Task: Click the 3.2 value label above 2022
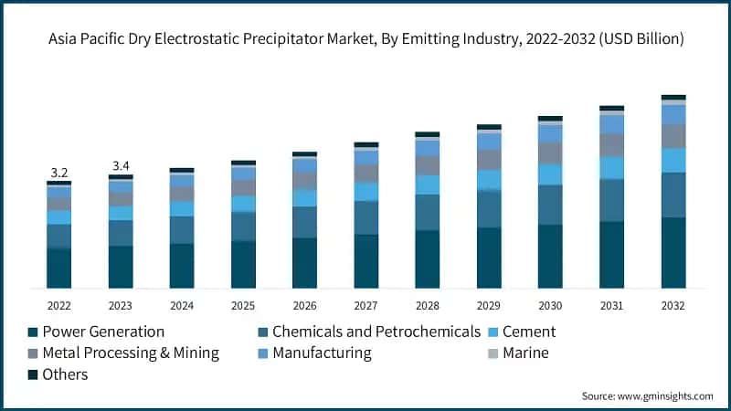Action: (59, 173)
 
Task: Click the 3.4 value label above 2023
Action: (121, 165)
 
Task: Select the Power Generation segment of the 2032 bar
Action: (673, 253)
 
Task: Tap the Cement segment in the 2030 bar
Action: (550, 174)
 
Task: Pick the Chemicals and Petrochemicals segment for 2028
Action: (428, 212)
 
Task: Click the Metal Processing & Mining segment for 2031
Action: (611, 145)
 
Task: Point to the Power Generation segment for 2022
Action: (59, 269)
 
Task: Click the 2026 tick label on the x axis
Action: (304, 305)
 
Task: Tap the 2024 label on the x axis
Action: (182, 305)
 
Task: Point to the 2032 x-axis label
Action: (673, 305)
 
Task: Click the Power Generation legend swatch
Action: (34, 332)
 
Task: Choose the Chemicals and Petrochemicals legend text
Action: (376, 332)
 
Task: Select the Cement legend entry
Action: (528, 332)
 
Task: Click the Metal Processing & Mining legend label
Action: (131, 353)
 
